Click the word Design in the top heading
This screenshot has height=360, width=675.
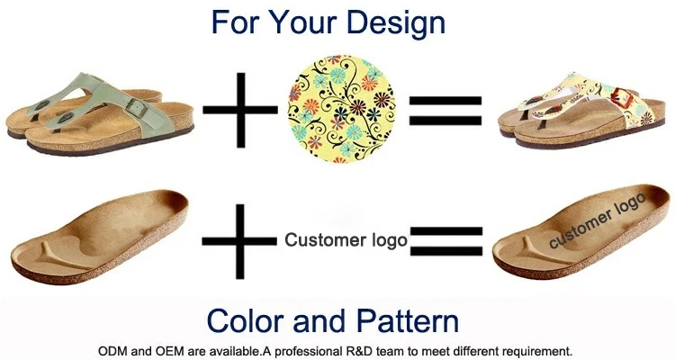coord(395,23)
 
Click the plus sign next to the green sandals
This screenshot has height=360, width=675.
coord(240,110)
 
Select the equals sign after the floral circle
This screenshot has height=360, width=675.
coord(445,111)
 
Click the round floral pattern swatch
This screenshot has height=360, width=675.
coord(341,109)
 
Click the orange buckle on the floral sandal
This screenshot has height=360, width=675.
coord(622,99)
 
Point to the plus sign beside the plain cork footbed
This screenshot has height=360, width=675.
coord(239,241)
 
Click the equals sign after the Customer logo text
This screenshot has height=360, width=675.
coord(446,241)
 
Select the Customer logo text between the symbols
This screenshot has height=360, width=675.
coord(346,240)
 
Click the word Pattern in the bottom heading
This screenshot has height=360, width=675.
coord(407,320)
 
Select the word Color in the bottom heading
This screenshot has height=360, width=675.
coord(245,320)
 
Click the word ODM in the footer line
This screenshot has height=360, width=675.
coord(113,351)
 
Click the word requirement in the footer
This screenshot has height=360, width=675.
coord(537,351)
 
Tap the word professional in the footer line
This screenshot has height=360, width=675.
coord(308,351)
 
